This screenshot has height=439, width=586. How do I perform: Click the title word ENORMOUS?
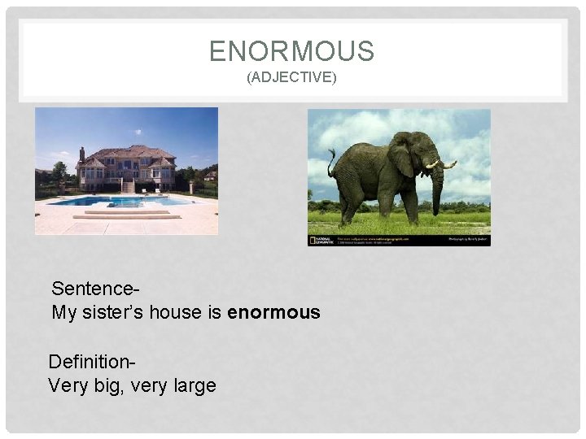pyautogui.click(x=291, y=51)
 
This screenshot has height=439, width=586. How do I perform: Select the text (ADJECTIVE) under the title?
pyautogui.click(x=291, y=78)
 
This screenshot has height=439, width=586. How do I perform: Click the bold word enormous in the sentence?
pyautogui.click(x=274, y=313)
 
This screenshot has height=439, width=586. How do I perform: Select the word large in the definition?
pyautogui.click(x=195, y=385)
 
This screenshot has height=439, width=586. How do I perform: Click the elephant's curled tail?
pyautogui.click(x=331, y=163)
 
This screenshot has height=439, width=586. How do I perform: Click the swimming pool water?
pyautogui.click(x=122, y=200)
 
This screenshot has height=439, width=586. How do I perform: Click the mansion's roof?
pyautogui.click(x=126, y=153)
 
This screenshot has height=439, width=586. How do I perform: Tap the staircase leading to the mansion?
pyautogui.click(x=128, y=186)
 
